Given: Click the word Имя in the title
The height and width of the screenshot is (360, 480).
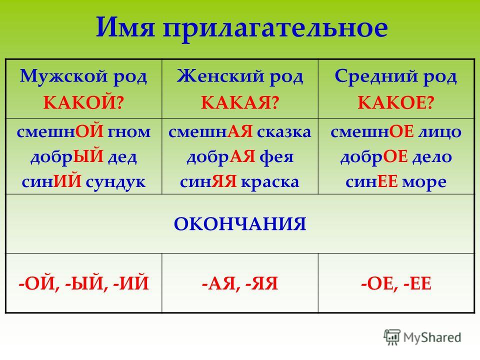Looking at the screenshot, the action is pyautogui.click(x=125, y=28).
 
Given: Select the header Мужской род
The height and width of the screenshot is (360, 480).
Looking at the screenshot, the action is pyautogui.click(x=83, y=76).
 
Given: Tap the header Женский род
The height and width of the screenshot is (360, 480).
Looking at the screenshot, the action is pyautogui.click(x=239, y=76).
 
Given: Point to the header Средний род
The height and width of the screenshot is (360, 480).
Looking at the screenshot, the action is pyautogui.click(x=395, y=76).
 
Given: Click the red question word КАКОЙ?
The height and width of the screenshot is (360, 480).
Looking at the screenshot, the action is pyautogui.click(x=83, y=102).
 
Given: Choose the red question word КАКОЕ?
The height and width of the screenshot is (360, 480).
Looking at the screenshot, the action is pyautogui.click(x=396, y=102).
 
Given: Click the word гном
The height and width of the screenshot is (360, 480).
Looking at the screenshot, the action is pyautogui.click(x=129, y=132).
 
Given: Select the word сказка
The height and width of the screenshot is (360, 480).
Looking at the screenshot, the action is pyautogui.click(x=284, y=132).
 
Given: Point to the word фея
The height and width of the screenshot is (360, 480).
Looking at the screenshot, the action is pyautogui.click(x=276, y=157).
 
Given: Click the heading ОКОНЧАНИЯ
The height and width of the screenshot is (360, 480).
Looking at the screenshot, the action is pyautogui.click(x=240, y=224).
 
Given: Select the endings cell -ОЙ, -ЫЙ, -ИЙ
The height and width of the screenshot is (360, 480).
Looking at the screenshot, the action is pyautogui.click(x=83, y=283).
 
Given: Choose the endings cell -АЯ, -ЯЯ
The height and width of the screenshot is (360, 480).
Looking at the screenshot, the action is pyautogui.click(x=239, y=283).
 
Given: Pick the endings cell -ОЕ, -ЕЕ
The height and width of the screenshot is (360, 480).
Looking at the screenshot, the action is pyautogui.click(x=396, y=283).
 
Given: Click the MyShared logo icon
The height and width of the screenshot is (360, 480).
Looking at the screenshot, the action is pyautogui.click(x=392, y=337).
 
